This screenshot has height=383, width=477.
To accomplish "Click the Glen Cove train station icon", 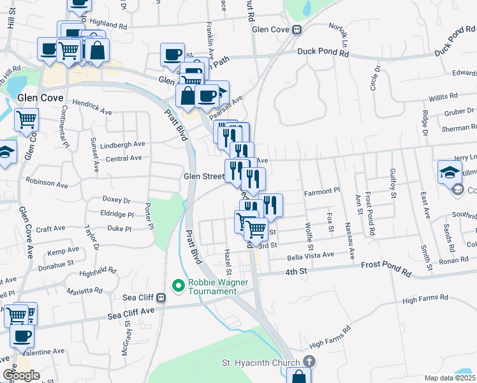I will [x=297, y=29].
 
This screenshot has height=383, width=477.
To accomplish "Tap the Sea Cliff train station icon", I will [x=161, y=297].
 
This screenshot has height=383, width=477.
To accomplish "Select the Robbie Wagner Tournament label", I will [x=212, y=287].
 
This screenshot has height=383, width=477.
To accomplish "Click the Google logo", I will [x=21, y=375].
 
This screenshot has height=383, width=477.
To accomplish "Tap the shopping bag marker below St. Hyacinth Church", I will [x=298, y=377].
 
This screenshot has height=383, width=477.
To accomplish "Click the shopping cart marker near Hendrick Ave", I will [x=26, y=119].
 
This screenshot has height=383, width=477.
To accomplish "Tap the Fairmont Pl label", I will [x=322, y=191].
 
